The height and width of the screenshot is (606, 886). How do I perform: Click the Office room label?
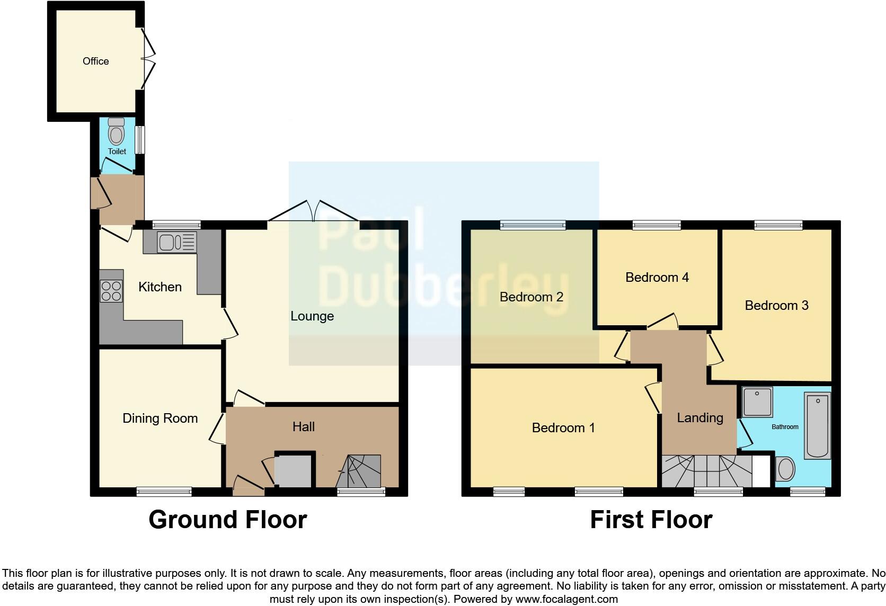coord(95,61)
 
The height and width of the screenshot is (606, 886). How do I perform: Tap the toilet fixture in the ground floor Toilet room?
coord(116,131)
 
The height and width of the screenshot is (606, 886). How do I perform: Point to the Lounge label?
coord(312,316)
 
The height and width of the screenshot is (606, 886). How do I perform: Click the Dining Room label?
coord(160,418)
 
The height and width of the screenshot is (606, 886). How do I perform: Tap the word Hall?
coord(303,426)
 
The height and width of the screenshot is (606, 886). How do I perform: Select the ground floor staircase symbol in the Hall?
coord(360,471)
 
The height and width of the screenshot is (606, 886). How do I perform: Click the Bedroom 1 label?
coord(563,427)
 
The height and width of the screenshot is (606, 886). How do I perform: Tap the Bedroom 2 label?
coord(531,297)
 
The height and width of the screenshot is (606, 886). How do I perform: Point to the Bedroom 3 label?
coord(776,305)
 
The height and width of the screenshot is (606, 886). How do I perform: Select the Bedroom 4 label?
coord(657,277)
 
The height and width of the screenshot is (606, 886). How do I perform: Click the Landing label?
coord(699,417)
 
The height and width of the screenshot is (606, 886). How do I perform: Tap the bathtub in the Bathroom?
coord(817,425)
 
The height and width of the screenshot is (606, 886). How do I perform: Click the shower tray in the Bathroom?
coord(757,402)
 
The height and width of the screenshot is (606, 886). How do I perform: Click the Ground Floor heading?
coord(227,519)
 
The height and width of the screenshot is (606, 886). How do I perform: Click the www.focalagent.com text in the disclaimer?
coord(566,599)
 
